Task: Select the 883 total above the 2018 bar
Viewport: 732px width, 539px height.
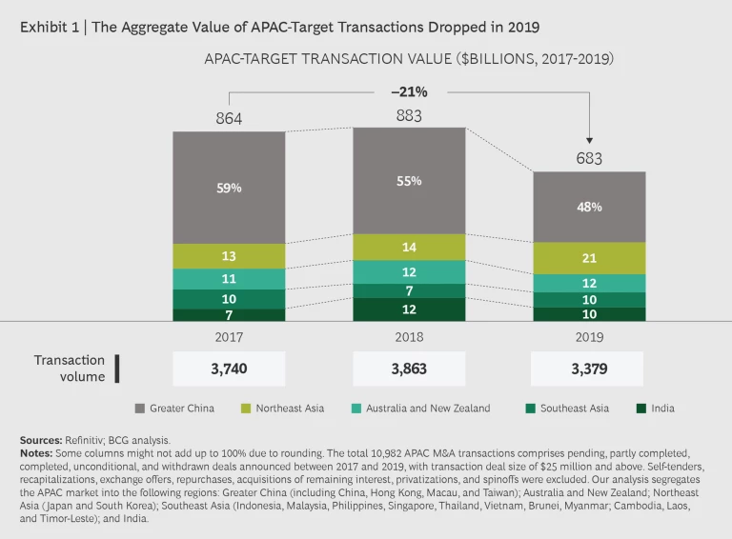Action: [409, 115]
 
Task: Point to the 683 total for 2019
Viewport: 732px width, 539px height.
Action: [588, 159]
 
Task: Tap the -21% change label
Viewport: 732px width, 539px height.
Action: [408, 92]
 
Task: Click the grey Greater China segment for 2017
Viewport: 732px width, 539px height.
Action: [229, 188]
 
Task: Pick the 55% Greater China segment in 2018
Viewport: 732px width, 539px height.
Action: [409, 180]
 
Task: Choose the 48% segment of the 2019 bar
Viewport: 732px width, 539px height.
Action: [588, 207]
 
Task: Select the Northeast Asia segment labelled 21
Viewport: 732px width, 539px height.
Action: [588, 258]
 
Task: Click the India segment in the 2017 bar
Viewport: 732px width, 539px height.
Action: [229, 315]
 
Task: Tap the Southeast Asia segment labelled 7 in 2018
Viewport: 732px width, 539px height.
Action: [409, 290]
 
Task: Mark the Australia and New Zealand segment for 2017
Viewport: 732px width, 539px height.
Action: [229, 279]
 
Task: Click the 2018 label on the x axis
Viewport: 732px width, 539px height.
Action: [409, 337]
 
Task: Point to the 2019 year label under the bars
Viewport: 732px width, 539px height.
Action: [588, 337]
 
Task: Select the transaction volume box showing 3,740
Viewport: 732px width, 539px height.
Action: [229, 369]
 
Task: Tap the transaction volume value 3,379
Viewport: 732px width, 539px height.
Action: [588, 369]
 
